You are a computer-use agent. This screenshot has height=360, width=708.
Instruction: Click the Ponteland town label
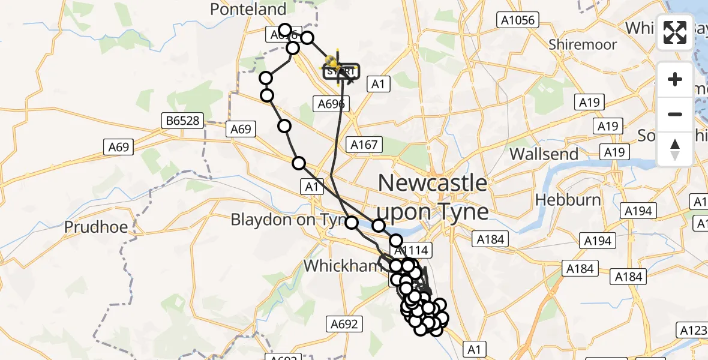(248, 9)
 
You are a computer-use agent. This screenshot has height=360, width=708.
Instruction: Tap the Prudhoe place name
(94, 228)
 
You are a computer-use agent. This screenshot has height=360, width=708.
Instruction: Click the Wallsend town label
(544, 154)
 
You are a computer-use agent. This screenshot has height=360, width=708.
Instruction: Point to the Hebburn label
(568, 199)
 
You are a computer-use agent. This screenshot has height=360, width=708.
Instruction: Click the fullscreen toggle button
(675, 32)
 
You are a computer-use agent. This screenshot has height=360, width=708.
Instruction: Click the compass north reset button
(675, 149)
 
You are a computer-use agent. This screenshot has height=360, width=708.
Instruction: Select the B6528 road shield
(183, 121)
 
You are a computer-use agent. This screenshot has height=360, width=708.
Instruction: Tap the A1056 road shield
(518, 20)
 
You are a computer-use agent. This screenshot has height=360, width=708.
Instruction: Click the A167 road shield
(364, 144)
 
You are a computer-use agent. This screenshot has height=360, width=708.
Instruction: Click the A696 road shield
(331, 104)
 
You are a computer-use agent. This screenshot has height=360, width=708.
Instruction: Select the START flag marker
(341, 71)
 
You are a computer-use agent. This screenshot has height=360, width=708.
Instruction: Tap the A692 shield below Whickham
(345, 325)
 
